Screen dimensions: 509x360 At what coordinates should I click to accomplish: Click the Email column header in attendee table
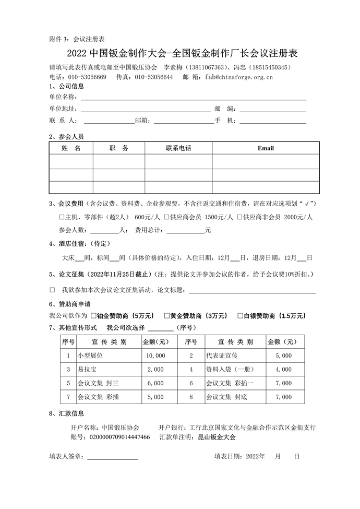pos(265,148)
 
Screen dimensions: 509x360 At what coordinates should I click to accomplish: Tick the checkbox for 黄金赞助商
pos(167,316)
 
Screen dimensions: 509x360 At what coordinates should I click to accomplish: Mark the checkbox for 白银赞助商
pos(240,316)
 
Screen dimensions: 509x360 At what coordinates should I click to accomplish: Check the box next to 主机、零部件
pos(62,217)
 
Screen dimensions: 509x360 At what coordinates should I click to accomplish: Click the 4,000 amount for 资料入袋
pos(283,370)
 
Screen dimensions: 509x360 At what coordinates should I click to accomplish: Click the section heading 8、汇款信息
pos(66,413)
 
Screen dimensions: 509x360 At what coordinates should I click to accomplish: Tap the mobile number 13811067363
pos(207,68)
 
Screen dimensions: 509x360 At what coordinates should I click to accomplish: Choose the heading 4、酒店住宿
pos(69,244)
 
